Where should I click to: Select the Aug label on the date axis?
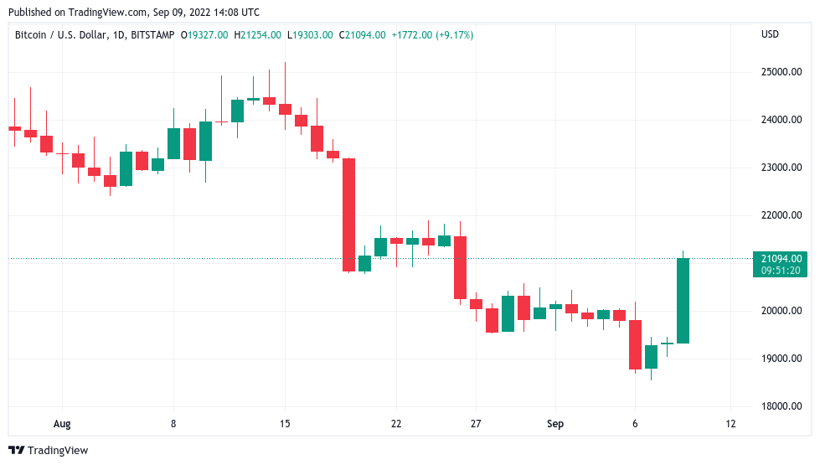click(x=63, y=424)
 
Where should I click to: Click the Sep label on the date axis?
click(x=555, y=424)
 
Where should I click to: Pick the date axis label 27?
click(x=476, y=424)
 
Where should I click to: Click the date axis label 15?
click(x=285, y=424)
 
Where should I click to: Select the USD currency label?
click(x=770, y=34)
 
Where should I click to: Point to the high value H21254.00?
click(x=259, y=35)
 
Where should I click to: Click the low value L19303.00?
click(x=310, y=35)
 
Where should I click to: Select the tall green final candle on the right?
click(x=683, y=300)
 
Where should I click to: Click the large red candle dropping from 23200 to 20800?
click(x=348, y=214)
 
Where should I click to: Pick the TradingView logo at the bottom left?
click(x=49, y=451)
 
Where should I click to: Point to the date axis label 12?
click(x=730, y=424)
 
